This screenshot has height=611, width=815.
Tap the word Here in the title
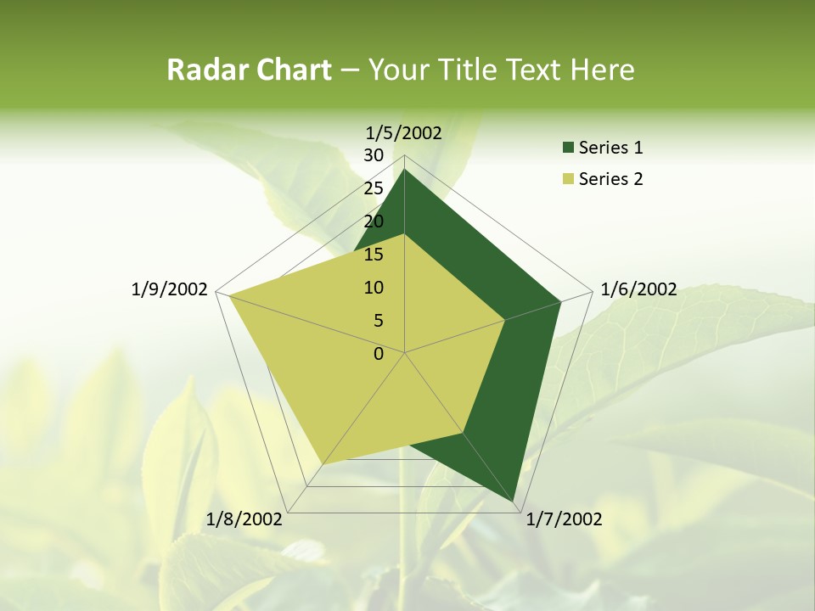coord(602,70)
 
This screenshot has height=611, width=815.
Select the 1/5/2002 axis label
coord(404,132)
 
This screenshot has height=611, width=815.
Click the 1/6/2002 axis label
coord(638,289)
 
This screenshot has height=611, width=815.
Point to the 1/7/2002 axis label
coord(564,519)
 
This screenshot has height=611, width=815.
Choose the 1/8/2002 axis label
coord(244,519)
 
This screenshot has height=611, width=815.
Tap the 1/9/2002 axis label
coord(170,289)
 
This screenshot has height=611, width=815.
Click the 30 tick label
coord(374,155)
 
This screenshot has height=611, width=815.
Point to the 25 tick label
coord(374,188)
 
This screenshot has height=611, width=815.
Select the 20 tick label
coord(374,221)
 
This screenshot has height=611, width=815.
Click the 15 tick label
coord(374,255)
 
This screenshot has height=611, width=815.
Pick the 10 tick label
coord(374,288)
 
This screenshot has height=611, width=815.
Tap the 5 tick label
coord(378,321)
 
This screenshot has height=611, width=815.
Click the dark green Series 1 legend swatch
coord(568,149)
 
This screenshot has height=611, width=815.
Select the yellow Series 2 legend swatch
coord(568,179)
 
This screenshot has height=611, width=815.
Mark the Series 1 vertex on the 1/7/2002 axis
coord(515,502)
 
